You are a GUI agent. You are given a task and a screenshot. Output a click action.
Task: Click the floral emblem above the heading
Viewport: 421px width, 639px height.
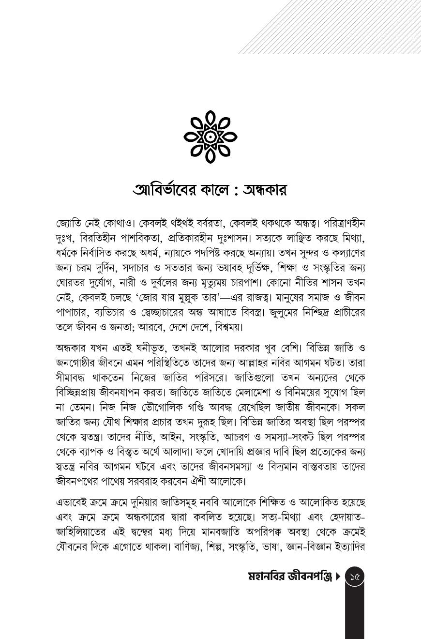210,137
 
